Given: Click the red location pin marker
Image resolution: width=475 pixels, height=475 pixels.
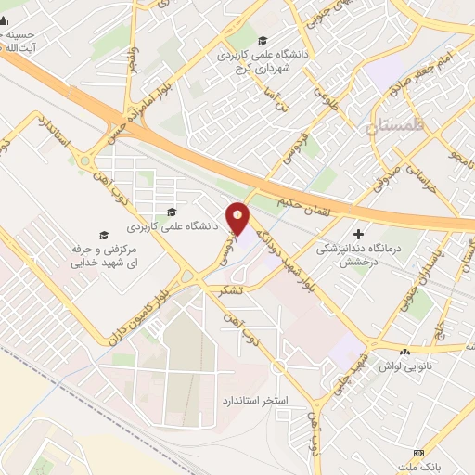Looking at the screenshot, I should coord(238,219).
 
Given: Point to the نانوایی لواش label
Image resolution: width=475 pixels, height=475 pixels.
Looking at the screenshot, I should coord(405,366).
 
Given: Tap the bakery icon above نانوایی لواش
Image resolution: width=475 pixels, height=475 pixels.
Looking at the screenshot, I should coord(404,353).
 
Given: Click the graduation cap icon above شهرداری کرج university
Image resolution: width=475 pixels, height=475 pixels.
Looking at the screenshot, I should coord(263,40).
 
